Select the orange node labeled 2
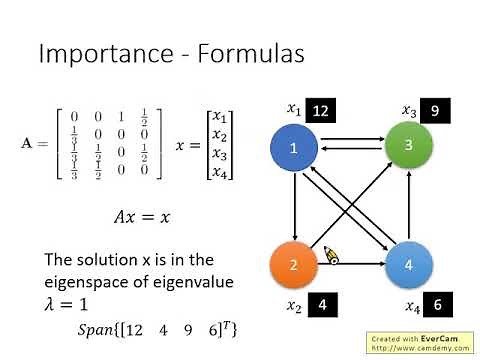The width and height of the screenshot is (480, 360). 294,266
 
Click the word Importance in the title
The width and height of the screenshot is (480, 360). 111,53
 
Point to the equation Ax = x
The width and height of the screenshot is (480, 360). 149,215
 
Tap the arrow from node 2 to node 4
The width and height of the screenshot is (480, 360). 352,267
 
